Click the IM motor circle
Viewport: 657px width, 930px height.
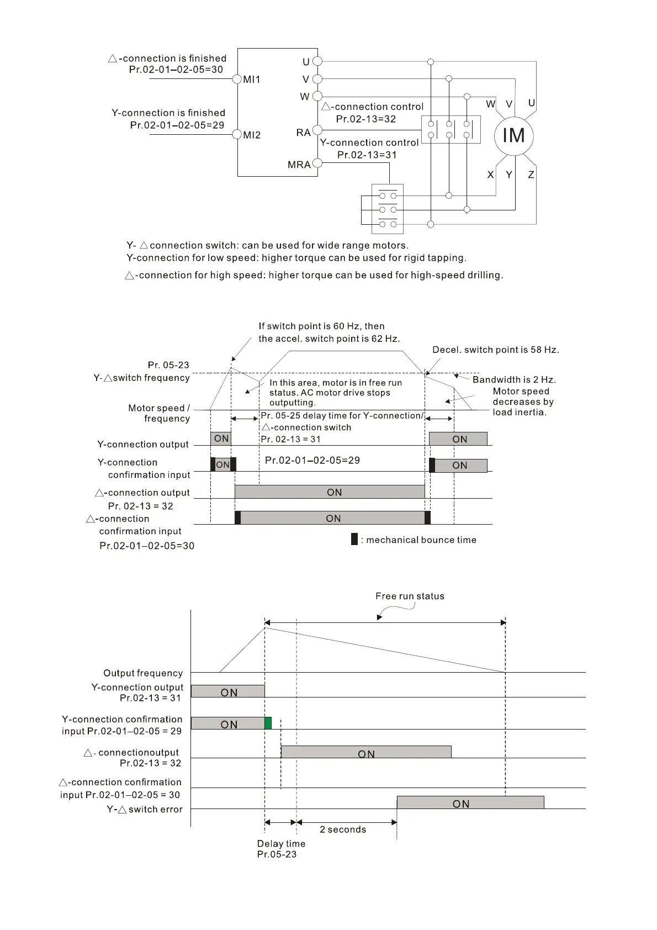(513, 135)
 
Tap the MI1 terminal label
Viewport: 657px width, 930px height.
(252, 80)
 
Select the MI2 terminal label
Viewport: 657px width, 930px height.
(252, 135)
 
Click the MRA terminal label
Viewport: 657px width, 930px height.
(299, 165)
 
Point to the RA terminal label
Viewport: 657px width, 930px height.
(303, 133)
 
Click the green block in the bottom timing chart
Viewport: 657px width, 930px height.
(268, 723)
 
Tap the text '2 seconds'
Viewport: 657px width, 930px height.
(343, 829)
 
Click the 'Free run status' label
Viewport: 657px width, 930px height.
(410, 596)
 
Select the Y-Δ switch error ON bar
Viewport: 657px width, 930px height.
(470, 802)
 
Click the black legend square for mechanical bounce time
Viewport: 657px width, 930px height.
(354, 540)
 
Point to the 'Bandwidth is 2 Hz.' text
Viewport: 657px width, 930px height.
(514, 379)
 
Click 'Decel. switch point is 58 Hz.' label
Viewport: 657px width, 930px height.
(495, 350)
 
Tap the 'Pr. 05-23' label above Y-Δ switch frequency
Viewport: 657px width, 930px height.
(168, 365)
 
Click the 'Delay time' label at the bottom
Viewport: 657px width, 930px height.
(281, 843)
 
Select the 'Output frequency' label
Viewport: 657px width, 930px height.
(143, 673)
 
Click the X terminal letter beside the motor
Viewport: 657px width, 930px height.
(490, 175)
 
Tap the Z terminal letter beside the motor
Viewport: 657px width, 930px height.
(531, 175)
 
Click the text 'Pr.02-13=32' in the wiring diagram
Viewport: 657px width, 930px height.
(366, 119)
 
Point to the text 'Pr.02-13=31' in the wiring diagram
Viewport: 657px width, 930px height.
(367, 155)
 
